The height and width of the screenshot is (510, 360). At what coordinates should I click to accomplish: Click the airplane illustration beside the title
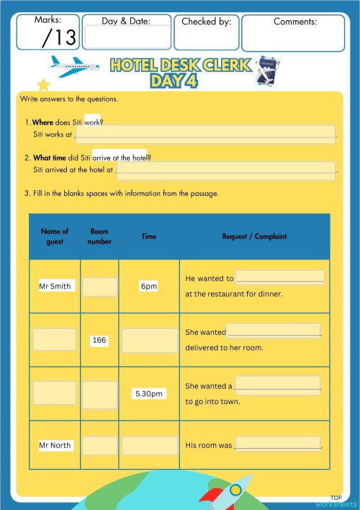pyautogui.click(x=76, y=68)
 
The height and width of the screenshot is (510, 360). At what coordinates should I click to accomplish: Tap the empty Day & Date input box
pyautogui.click(x=127, y=36)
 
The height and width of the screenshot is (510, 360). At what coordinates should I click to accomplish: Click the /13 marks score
pyautogui.click(x=59, y=37)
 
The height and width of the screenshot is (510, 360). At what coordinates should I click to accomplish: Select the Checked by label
pyautogui.click(x=206, y=22)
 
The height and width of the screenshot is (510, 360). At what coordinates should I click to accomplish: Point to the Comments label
pyautogui.click(x=295, y=22)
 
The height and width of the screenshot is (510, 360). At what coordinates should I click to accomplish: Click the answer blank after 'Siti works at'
pyautogui.click(x=205, y=133)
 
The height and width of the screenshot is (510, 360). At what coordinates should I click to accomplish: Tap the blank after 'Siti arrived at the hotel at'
pyautogui.click(x=226, y=170)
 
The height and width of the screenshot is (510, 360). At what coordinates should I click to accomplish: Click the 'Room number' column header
pyautogui.click(x=99, y=236)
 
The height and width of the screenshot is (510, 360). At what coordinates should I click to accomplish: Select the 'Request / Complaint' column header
pyautogui.click(x=254, y=236)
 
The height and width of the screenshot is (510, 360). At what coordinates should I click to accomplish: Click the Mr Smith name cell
pyautogui.click(x=55, y=286)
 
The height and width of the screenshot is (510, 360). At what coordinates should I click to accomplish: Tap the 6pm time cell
pyautogui.click(x=149, y=286)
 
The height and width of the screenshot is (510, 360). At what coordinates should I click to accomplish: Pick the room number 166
pyautogui.click(x=99, y=340)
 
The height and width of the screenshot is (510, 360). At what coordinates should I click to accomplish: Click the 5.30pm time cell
pyautogui.click(x=149, y=394)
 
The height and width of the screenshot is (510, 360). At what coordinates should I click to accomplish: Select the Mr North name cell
pyautogui.click(x=55, y=445)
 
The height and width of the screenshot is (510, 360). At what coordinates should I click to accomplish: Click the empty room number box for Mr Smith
pyautogui.click(x=99, y=287)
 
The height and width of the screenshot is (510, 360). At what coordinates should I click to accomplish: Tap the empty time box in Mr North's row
pyautogui.click(x=149, y=445)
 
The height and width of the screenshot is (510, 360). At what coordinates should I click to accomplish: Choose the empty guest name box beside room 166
pyautogui.click(x=55, y=339)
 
